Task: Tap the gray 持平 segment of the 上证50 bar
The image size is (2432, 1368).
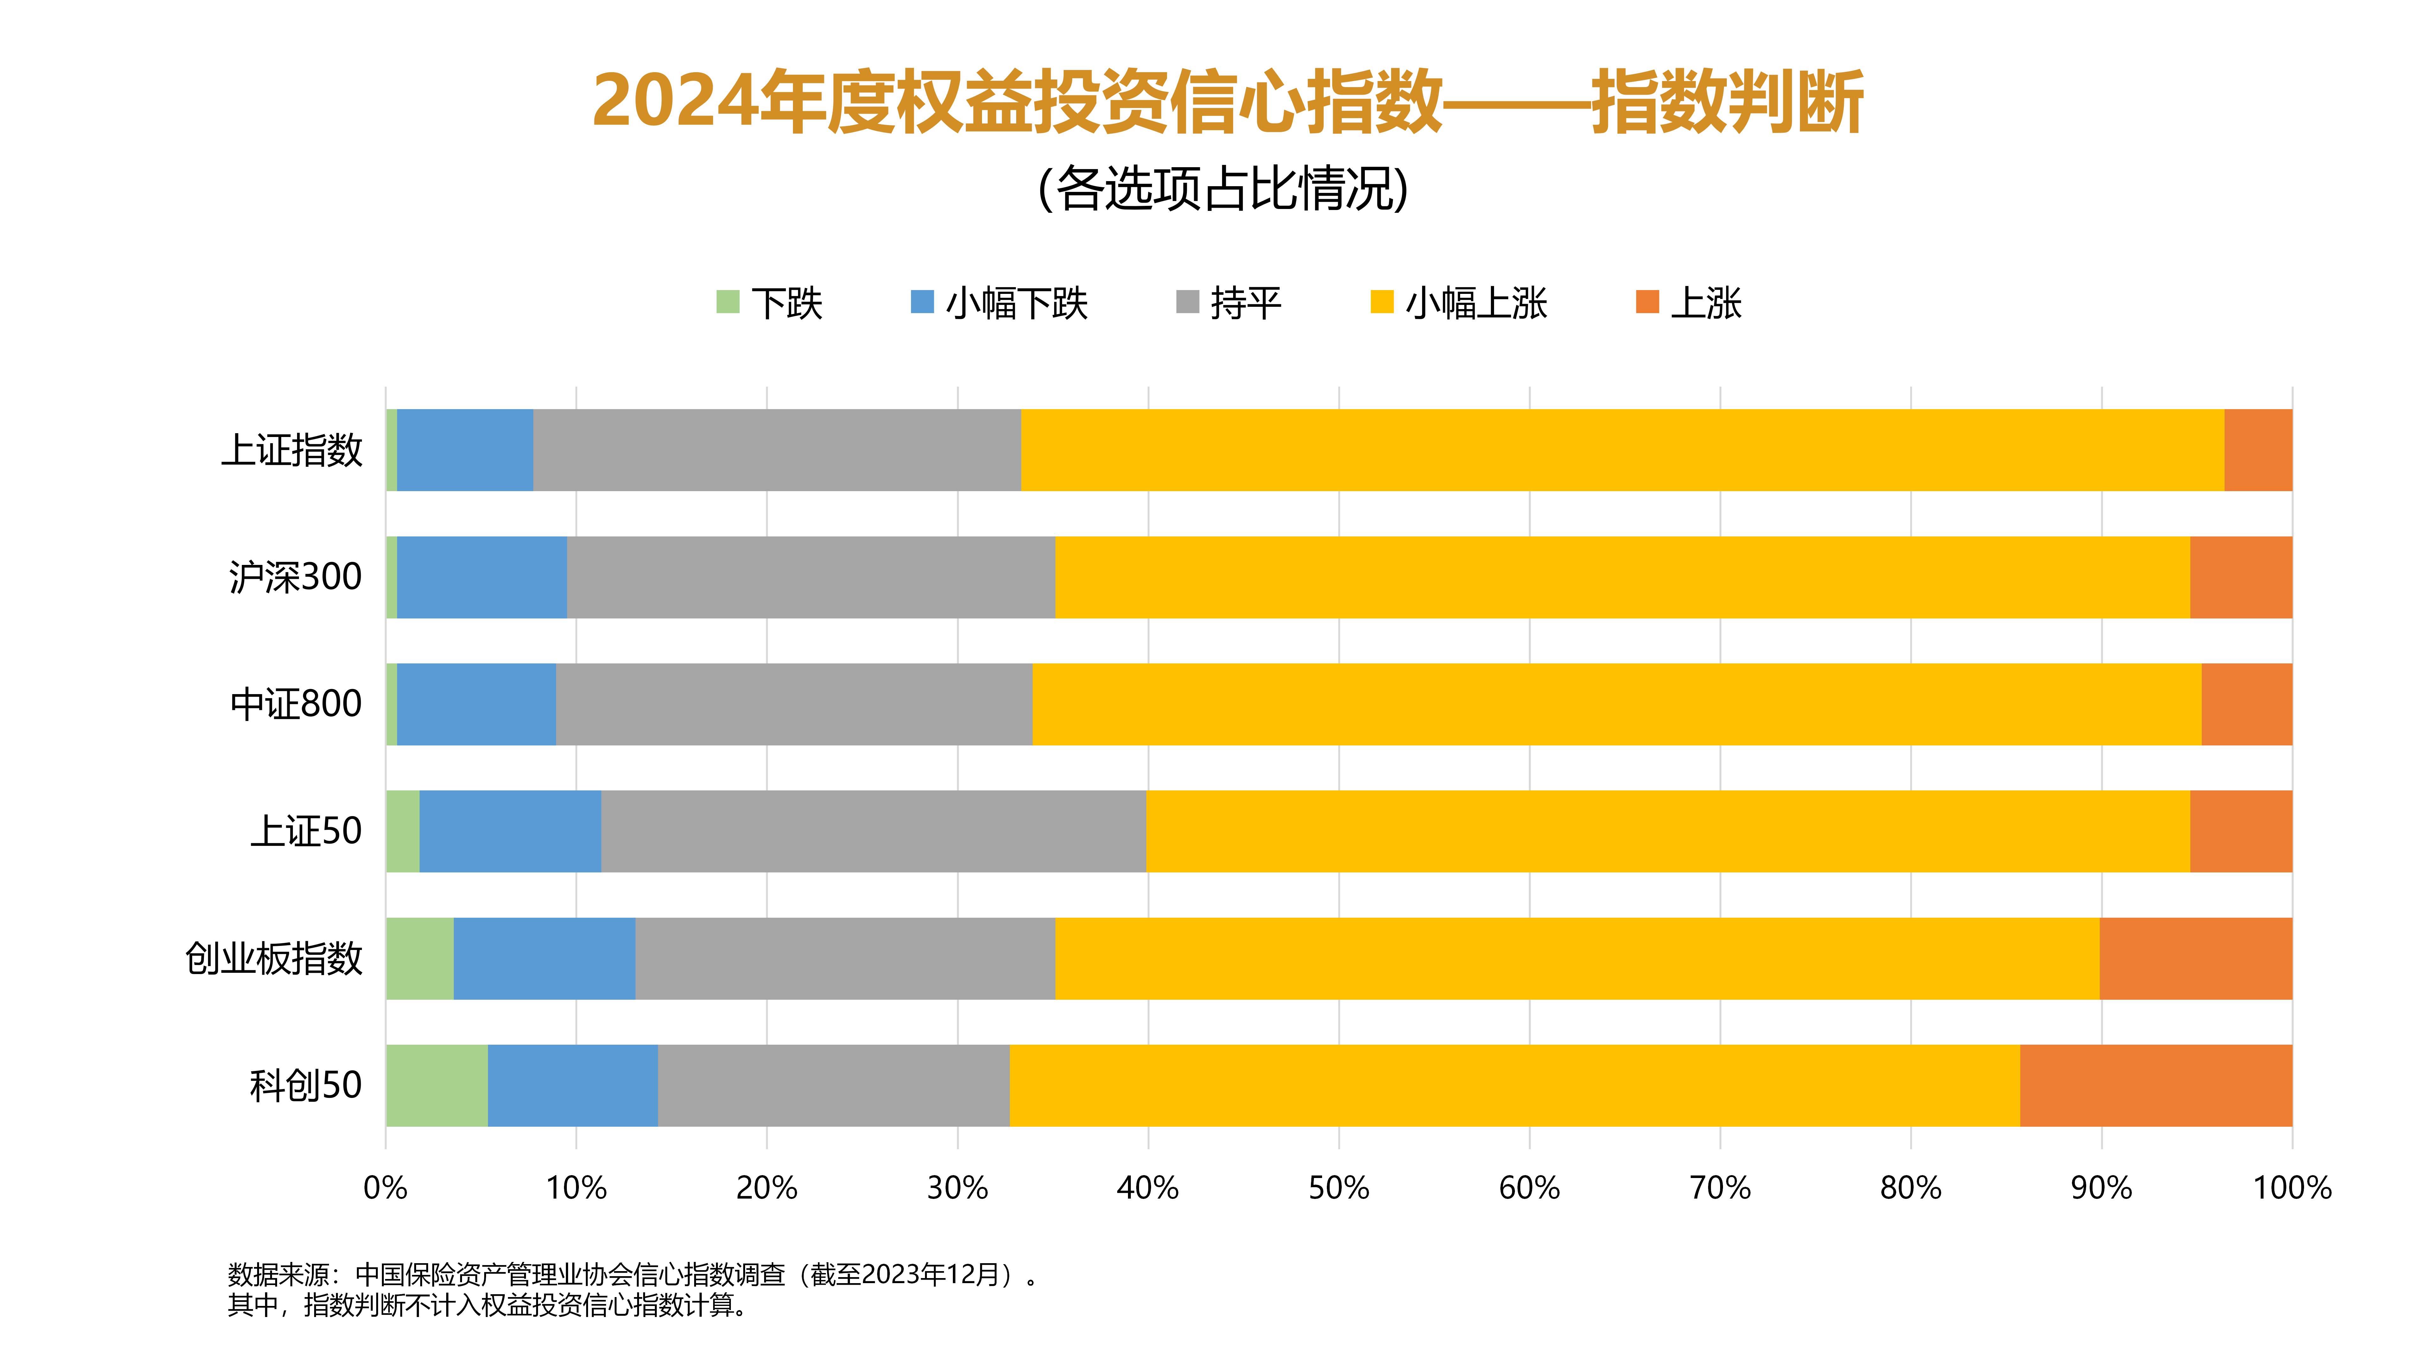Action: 873,831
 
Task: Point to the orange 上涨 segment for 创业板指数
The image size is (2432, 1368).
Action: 2195,958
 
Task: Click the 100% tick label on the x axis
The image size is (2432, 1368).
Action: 2291,1188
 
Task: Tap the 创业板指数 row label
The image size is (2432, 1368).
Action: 274,958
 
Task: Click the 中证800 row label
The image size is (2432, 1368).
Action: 295,704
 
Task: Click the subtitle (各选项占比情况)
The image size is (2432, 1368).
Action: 1223,189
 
